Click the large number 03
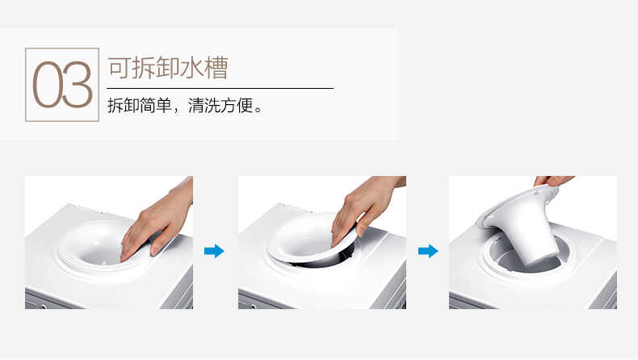tap(62, 85)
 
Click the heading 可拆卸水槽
tap(167, 67)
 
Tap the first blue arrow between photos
tap(214, 251)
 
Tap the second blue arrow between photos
tap(427, 251)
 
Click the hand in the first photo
tap(157, 222)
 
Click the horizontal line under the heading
tap(220, 87)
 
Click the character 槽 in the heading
tap(215, 67)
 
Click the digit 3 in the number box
tap(78, 85)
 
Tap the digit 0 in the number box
tap(47, 85)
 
